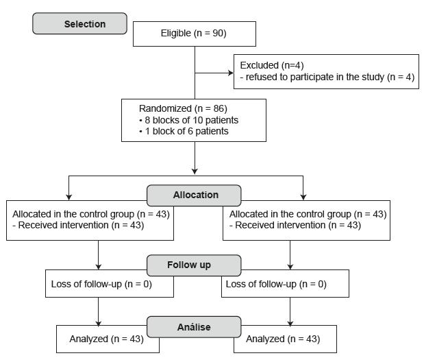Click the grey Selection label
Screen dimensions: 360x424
pyautogui.click(x=79, y=24)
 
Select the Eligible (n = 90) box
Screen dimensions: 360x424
pyautogui.click(x=194, y=34)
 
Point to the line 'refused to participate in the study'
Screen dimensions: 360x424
pyautogui.click(x=327, y=77)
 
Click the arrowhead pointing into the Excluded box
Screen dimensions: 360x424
pyautogui.click(x=230, y=72)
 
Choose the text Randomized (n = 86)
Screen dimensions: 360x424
pyautogui.click(x=183, y=108)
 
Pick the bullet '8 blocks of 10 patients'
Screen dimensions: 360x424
pyautogui.click(x=188, y=120)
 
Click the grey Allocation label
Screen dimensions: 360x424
pyautogui.click(x=195, y=195)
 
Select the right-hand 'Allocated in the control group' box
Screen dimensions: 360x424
pyautogui.click(x=306, y=220)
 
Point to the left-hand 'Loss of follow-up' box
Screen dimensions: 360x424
pyautogui.click(x=102, y=284)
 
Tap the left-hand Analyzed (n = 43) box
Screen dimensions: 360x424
pyautogui.click(x=108, y=339)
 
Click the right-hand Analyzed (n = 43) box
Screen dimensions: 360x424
pyautogui.click(x=285, y=339)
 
